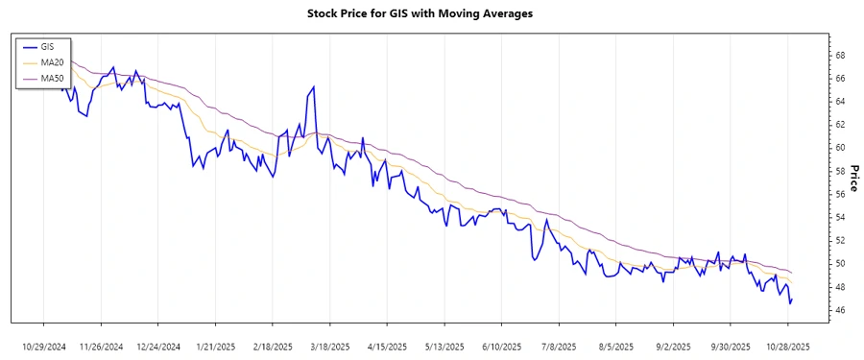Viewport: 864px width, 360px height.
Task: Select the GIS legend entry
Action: pyautogui.click(x=46, y=47)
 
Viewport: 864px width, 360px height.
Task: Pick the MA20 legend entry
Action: pyautogui.click(x=51, y=62)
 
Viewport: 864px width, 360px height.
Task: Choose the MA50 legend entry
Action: pyautogui.click(x=51, y=78)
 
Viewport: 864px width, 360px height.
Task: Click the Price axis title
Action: pyautogui.click(x=852, y=177)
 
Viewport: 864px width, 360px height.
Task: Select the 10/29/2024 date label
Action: pyautogui.click(x=44, y=347)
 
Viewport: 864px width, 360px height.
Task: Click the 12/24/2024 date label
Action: pyautogui.click(x=158, y=347)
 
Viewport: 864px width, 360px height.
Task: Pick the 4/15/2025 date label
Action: pyautogui.click(x=388, y=347)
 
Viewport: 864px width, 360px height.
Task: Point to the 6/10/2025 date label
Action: pyautogui.click(x=502, y=347)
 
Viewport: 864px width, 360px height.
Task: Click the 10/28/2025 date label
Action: pyautogui.click(x=787, y=347)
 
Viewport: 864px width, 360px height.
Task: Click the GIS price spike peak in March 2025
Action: pyautogui.click(x=314, y=86)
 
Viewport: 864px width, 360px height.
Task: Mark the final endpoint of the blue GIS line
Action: pyautogui.click(x=792, y=299)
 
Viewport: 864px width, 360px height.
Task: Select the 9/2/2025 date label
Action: pyautogui.click(x=673, y=347)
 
